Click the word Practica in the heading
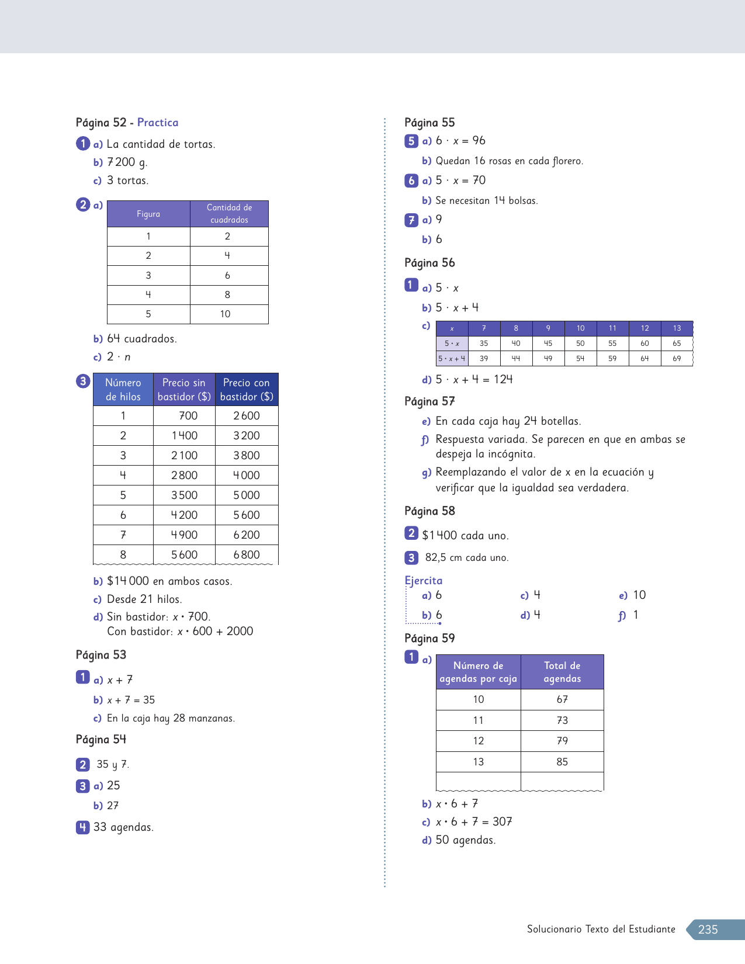158,123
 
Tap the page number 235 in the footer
708,930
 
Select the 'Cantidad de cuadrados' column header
229,214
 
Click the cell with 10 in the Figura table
226,314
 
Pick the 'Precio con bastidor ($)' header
247,390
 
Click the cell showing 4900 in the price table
184,535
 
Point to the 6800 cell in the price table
247,555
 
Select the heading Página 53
101,655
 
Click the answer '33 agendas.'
123,827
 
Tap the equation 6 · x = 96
460,141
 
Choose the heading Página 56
429,263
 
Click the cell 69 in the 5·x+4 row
677,359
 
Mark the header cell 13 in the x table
677,328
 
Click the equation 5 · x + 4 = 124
474,380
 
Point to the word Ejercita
424,581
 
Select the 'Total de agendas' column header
562,672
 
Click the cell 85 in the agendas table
562,762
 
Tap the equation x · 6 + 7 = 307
474,822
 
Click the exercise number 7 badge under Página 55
411,220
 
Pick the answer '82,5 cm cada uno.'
467,558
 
